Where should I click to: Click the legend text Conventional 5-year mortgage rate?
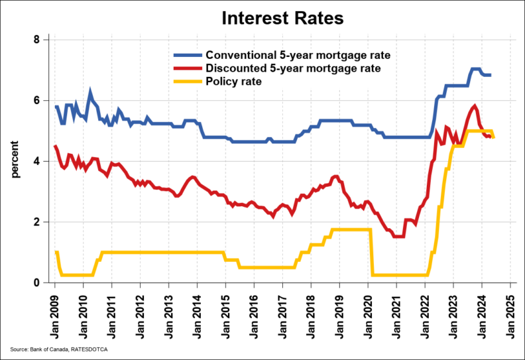[x=298, y=54]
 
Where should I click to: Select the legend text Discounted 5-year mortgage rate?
[x=292, y=68]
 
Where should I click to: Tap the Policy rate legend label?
[x=234, y=82]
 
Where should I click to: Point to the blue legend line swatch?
[x=187, y=55]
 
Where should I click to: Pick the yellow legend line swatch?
[x=187, y=82]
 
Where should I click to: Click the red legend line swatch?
[x=187, y=68]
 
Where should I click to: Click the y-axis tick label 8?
[x=36, y=40]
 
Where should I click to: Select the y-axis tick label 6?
[x=36, y=100]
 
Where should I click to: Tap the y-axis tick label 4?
[x=36, y=161]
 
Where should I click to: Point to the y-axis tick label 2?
[x=36, y=222]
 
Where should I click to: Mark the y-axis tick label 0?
[x=36, y=283]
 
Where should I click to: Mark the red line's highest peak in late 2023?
[x=475, y=105]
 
